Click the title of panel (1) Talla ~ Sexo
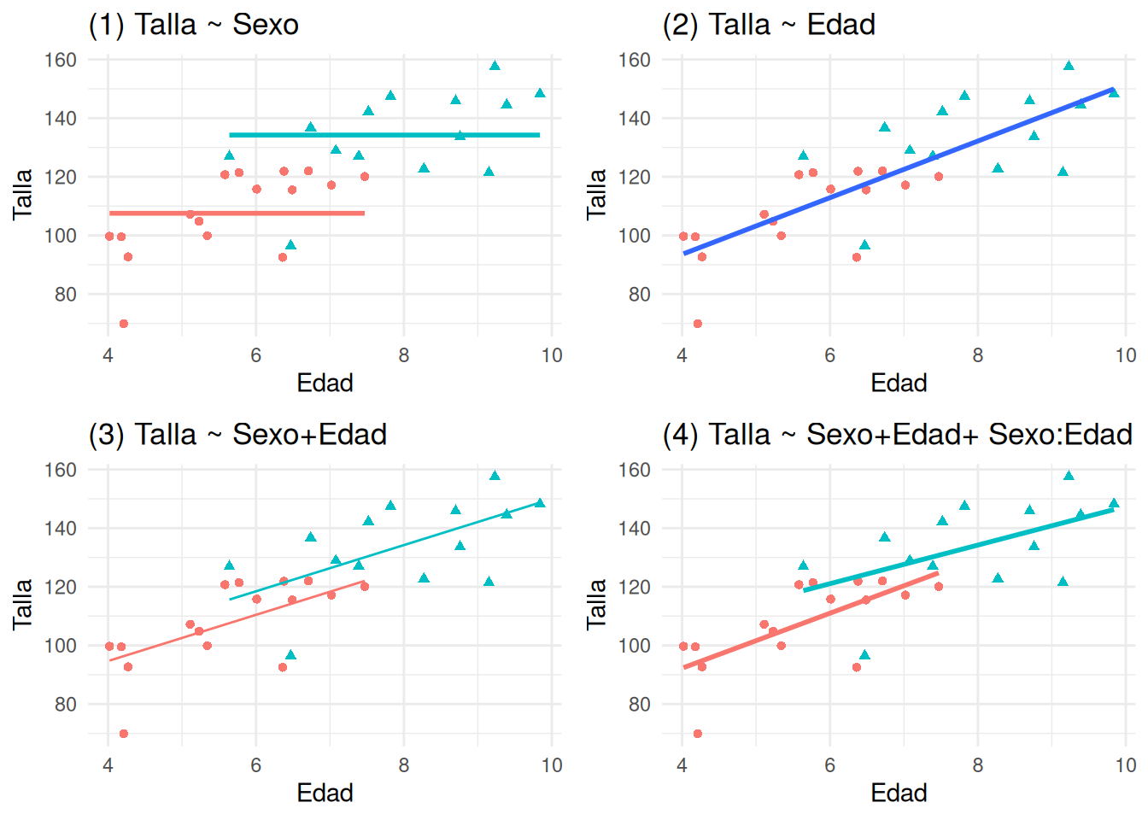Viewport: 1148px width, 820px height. pos(194,25)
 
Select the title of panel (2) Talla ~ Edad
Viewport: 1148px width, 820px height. pos(769,25)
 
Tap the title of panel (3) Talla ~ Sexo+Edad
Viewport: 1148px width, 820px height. pos(237,435)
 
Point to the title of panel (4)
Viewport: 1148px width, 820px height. pos(897,435)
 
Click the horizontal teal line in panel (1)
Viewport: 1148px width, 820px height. pos(384,135)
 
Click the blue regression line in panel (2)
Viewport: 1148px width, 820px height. pos(897,172)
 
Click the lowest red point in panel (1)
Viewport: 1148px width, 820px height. pos(124,324)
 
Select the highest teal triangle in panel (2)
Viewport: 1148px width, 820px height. pos(1069,66)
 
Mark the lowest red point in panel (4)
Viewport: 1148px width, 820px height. pos(698,734)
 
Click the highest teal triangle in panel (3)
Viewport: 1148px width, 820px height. pos(495,476)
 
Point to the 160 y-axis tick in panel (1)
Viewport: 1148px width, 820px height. pos(61,60)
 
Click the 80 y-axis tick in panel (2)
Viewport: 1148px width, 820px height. pos(640,295)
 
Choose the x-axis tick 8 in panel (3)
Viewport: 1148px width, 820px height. pos(404,765)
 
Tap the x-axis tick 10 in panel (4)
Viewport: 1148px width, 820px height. pos(1126,765)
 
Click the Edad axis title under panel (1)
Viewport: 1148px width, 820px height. pos(325,383)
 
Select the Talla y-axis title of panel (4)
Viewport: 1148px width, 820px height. pos(596,604)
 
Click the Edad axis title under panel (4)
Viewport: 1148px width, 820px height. pos(899,793)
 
